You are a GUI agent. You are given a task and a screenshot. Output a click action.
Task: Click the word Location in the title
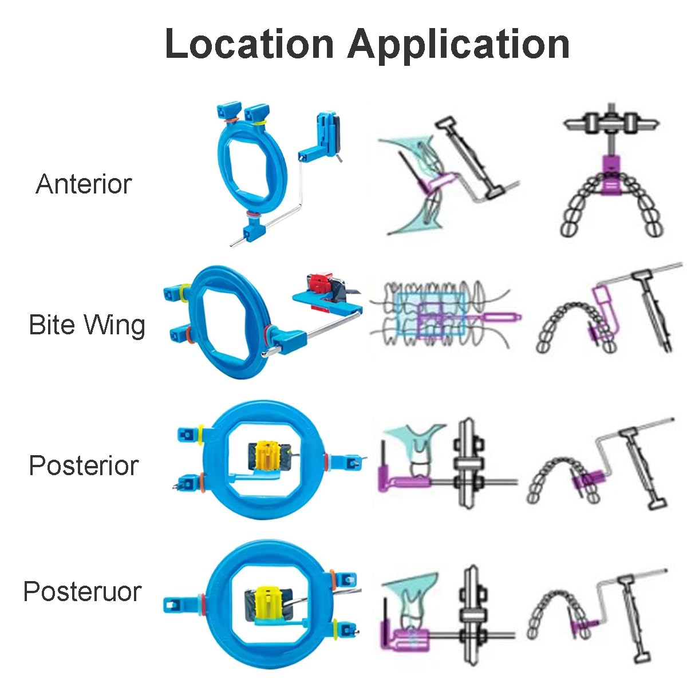click(x=248, y=44)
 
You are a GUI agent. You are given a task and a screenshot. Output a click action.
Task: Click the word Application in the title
click(x=459, y=44)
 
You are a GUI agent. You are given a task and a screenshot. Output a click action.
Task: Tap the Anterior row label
click(x=84, y=184)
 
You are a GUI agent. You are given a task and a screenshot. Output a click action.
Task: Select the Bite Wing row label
click(x=87, y=325)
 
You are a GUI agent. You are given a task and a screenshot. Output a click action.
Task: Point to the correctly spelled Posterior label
click(x=84, y=465)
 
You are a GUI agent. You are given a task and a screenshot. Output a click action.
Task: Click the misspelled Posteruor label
click(x=82, y=591)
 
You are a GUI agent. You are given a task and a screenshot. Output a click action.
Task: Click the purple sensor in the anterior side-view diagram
click(x=435, y=183)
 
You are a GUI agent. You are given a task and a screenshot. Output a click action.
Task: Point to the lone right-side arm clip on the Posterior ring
click(x=346, y=461)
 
